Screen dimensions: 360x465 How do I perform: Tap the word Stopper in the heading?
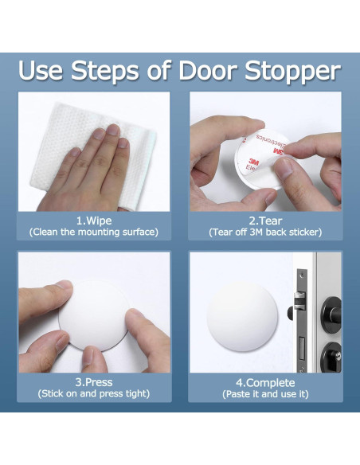tap(292, 72)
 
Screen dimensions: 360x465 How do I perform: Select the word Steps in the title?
tap(104, 72)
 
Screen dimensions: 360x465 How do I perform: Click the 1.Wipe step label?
tap(94, 221)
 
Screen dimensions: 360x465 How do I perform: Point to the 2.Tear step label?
tap(265, 221)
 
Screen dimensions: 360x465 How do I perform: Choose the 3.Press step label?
tap(94, 382)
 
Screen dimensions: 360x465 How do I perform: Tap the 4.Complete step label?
tap(265, 383)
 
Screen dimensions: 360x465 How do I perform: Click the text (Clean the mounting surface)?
tap(94, 232)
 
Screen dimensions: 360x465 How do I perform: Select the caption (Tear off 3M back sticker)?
tap(265, 232)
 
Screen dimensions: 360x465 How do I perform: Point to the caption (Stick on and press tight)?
tap(94, 393)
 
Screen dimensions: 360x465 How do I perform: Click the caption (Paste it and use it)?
tap(265, 394)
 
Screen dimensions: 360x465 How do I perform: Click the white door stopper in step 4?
tap(242, 317)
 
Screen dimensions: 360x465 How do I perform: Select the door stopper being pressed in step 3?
tap(94, 316)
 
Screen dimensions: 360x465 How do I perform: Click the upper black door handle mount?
tap(332, 315)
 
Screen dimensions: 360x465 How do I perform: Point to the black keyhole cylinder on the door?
tap(332, 357)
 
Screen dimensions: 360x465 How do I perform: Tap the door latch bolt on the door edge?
tap(299, 300)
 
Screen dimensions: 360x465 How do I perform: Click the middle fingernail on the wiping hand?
tap(113, 130)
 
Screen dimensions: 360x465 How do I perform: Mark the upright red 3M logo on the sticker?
tap(254, 162)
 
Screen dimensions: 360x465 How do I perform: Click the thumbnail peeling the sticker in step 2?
tap(284, 169)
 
